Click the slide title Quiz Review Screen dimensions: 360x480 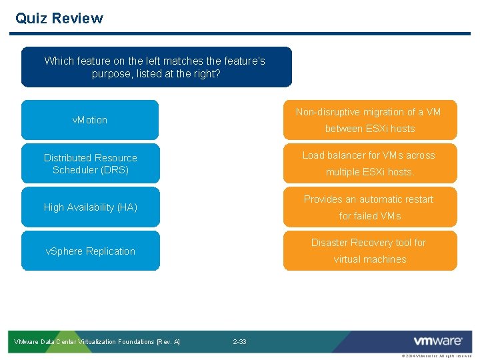(59, 18)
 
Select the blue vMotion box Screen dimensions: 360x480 (90, 120)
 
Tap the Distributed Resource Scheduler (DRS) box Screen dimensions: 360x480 (90, 163)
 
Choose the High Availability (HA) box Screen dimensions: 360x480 (90, 207)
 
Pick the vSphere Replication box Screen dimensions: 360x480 (90, 251)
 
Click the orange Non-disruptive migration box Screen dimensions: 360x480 (370, 120)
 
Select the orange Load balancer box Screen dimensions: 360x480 (370, 163)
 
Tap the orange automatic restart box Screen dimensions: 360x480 (370, 207)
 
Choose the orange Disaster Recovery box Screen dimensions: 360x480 (370, 251)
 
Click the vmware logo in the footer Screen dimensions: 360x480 (437, 341)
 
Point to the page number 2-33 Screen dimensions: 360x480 (239, 342)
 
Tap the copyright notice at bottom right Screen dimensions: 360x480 (436, 357)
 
